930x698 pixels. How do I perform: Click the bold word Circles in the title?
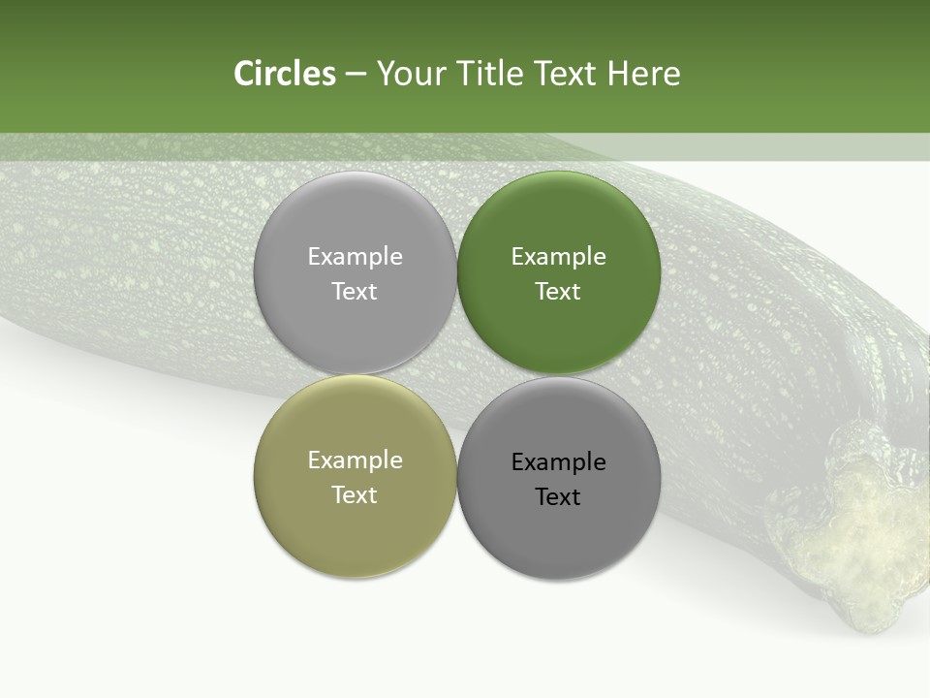[285, 74]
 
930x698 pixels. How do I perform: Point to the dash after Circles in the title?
[356, 74]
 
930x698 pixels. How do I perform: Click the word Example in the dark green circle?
[558, 257]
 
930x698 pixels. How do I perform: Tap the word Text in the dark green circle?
[558, 292]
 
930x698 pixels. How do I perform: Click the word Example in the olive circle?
[355, 460]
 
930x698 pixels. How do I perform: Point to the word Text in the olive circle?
[355, 495]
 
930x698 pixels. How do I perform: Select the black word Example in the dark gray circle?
[558, 462]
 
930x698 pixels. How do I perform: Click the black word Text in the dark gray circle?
[558, 497]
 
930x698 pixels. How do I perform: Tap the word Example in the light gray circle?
[355, 257]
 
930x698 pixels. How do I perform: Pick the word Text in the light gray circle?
[355, 292]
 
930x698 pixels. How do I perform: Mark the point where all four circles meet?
[457, 375]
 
